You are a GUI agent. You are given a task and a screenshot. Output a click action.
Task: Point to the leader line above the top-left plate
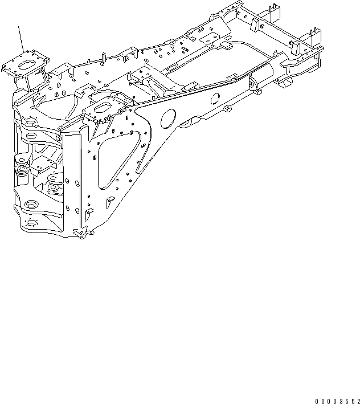21,40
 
